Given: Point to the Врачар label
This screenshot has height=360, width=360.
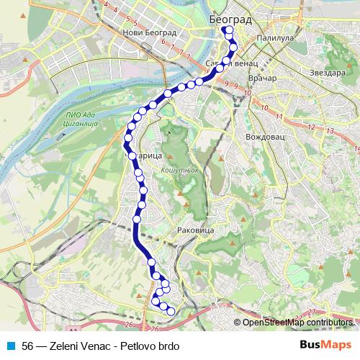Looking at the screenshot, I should [263, 76].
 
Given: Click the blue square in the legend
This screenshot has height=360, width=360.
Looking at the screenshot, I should [9, 345].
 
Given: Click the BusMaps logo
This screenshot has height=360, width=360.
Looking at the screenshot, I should [326, 345].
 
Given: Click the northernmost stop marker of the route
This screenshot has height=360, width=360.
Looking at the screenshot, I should [228, 30].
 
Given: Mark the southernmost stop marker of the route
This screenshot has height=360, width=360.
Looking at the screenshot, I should [171, 310].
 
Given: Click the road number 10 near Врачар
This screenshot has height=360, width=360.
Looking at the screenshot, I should [247, 94].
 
